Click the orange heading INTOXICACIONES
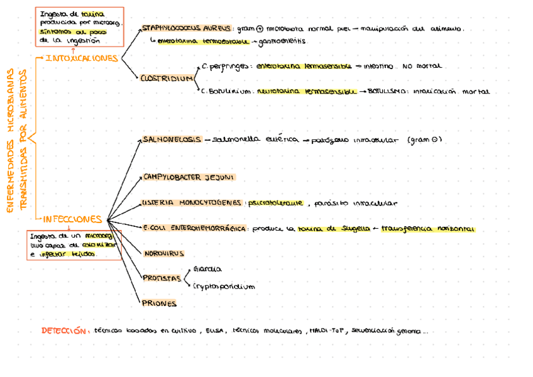click(82, 58)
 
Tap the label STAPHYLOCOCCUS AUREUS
click(186, 28)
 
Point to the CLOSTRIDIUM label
click(166, 79)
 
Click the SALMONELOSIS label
click(171, 139)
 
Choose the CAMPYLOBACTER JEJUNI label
click(189, 177)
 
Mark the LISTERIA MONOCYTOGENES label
click(192, 203)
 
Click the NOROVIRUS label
click(163, 253)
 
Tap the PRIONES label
click(160, 303)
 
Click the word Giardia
click(207, 269)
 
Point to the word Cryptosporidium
click(224, 286)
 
